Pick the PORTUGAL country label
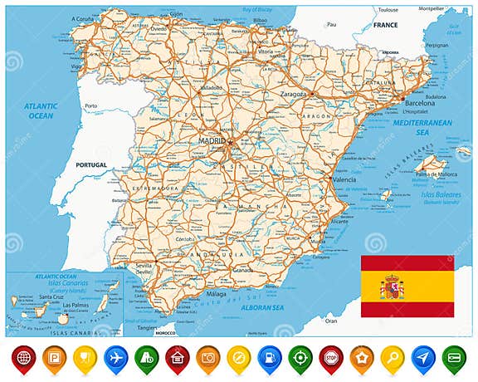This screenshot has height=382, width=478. point(91,165)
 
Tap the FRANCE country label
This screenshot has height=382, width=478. point(385,26)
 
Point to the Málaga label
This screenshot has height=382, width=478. point(216,294)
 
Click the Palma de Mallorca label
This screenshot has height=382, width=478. point(436,174)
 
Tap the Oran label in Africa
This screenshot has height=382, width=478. point(332,321)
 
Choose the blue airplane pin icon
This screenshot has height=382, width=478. point(114,357)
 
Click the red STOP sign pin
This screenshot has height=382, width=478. point(329,357)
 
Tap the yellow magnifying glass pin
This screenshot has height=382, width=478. point(392,357)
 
